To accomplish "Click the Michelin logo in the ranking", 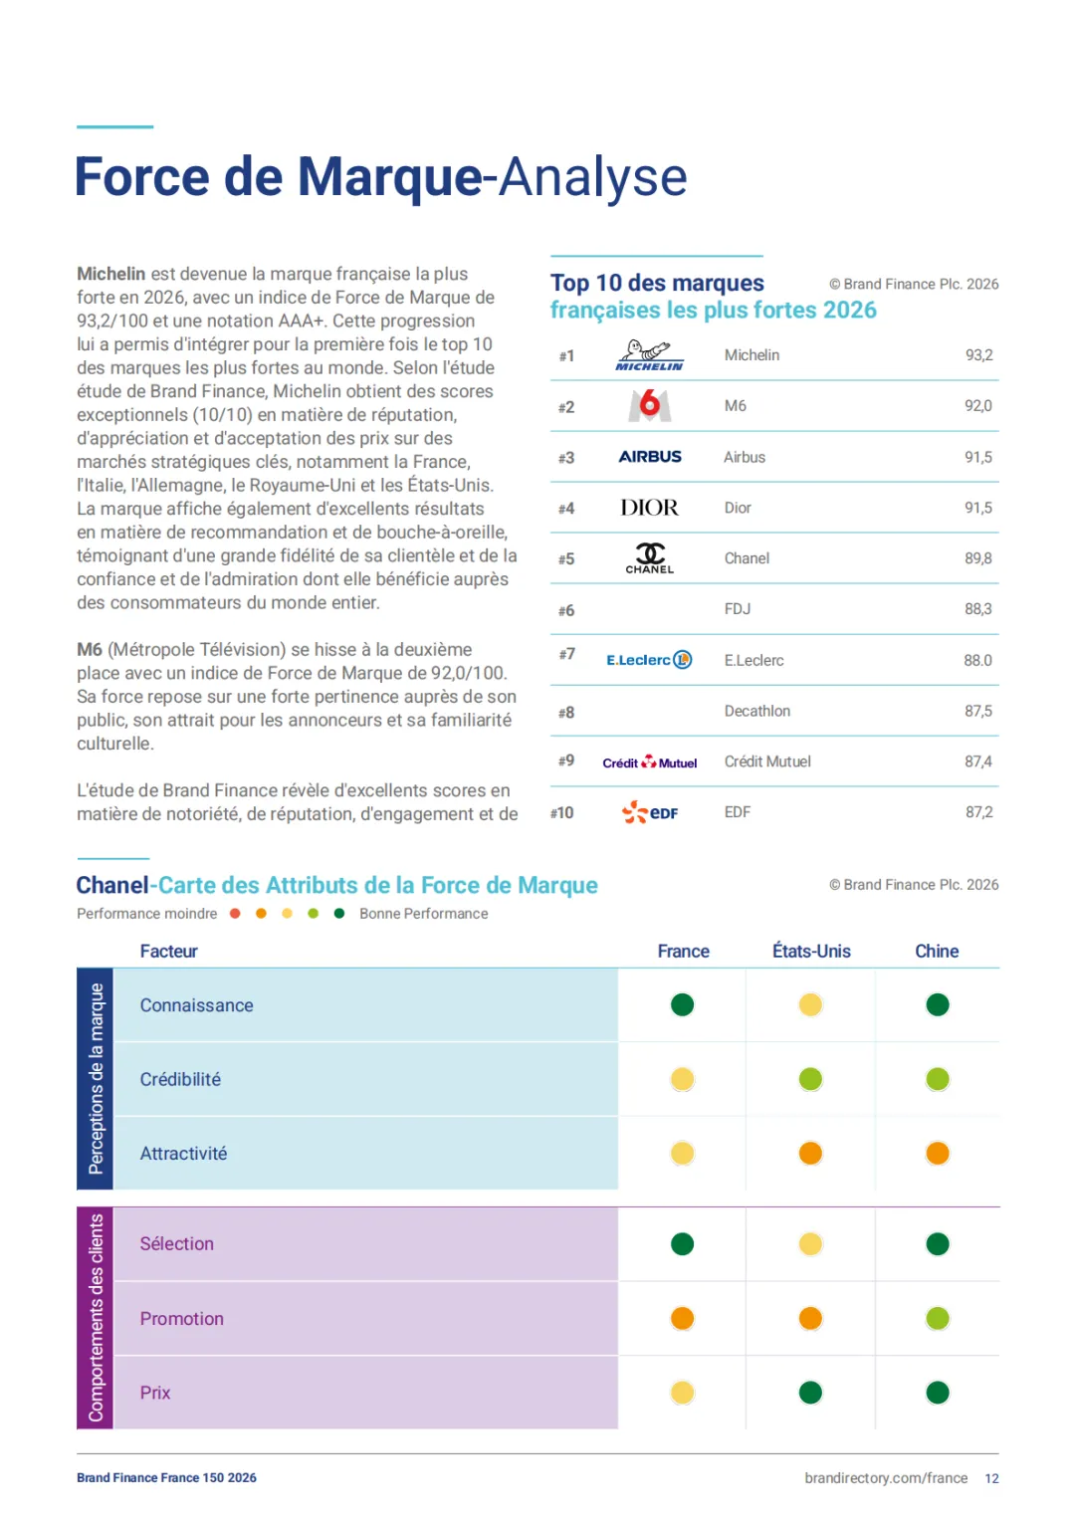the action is (x=649, y=355).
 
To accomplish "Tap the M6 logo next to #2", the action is (x=649, y=405).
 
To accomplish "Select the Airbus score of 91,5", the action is (x=977, y=457).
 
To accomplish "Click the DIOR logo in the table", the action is (x=649, y=507).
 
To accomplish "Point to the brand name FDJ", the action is (x=737, y=608).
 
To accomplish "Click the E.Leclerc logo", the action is (x=649, y=660).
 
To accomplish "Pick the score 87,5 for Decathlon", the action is (x=977, y=711).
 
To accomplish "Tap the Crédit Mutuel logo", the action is (x=649, y=762).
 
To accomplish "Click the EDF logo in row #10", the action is (x=649, y=812).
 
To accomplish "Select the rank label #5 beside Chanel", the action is (x=566, y=559).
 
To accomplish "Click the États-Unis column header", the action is (x=811, y=951).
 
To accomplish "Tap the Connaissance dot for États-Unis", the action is (x=810, y=1004).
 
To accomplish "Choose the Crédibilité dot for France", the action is (x=682, y=1079).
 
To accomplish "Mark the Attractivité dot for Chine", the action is (x=938, y=1153).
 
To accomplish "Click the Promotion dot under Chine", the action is (x=938, y=1319).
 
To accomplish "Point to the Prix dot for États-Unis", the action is (x=810, y=1393).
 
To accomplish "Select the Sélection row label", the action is (x=176, y=1243).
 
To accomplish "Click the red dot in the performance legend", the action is (x=235, y=914).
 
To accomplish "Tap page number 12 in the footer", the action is (x=991, y=1478).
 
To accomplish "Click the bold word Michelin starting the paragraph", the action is (x=110, y=274).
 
